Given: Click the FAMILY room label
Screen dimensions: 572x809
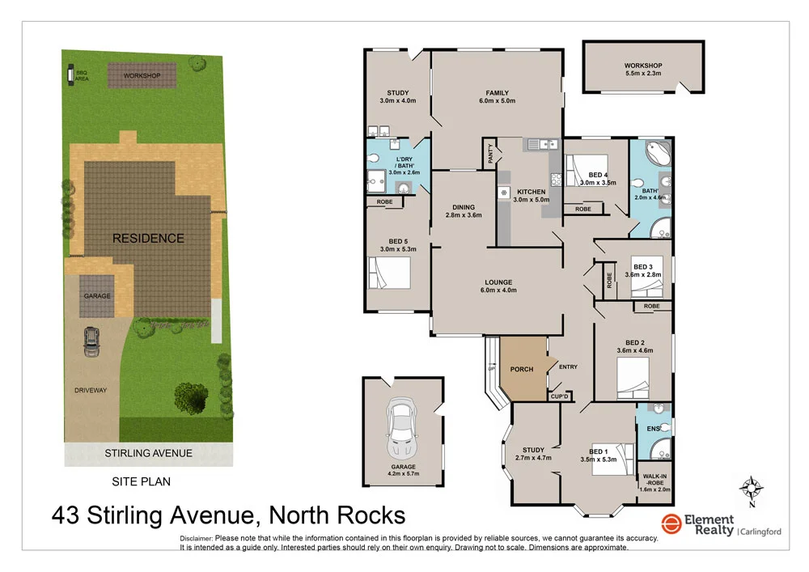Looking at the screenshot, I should (496, 92).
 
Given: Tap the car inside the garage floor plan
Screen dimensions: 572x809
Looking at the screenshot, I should (402, 429).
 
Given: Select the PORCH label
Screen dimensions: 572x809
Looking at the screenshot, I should (522, 370).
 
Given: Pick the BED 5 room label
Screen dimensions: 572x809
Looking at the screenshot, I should (397, 241).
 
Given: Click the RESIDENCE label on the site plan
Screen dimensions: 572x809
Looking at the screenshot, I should (148, 239).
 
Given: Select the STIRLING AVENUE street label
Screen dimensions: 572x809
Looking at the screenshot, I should (148, 453).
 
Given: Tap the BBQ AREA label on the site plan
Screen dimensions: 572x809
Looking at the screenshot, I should (82, 76).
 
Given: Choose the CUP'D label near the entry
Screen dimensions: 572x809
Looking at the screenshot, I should (560, 396).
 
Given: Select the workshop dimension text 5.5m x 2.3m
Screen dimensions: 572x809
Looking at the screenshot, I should (643, 74).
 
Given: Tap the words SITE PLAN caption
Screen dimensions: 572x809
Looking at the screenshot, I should (141, 481).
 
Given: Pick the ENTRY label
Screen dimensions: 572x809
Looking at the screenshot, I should (568, 367).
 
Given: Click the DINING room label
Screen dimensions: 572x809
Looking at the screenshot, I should (464, 207).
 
